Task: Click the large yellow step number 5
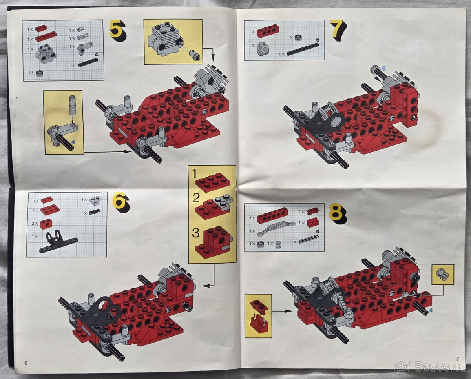coord(117,30)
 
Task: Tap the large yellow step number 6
coord(120,202)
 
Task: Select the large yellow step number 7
coord(338,30)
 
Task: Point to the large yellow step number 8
coord(337,213)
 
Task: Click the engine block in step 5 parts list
coord(46,54)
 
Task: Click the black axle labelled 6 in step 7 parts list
coord(303,49)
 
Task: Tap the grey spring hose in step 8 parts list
coord(276,228)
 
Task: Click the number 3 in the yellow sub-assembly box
coord(195,233)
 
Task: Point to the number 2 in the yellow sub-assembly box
coord(195,198)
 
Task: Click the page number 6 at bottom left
coord(26,363)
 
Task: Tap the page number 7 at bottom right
coord(457,358)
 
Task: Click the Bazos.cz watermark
coord(431,368)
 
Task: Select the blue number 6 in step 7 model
coord(384,68)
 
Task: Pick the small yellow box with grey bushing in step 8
coord(443,275)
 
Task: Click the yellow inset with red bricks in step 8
coord(258,315)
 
